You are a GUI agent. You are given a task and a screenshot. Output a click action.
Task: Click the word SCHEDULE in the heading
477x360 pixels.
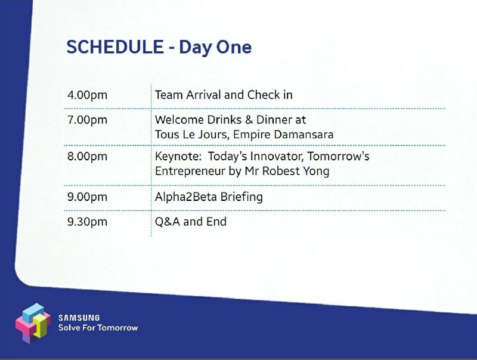[x=115, y=47]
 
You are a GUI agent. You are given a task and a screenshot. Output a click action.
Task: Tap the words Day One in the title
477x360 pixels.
[x=215, y=48]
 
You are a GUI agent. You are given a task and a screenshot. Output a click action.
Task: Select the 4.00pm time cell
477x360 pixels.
[x=87, y=95]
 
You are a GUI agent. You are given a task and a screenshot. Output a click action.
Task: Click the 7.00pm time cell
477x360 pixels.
[x=87, y=120]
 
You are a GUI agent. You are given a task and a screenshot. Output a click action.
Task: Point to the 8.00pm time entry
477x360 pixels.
[x=87, y=156]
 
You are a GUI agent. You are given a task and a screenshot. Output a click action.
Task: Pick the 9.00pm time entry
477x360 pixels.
[x=87, y=197]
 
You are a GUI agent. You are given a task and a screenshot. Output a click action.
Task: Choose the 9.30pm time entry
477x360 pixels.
[x=87, y=222]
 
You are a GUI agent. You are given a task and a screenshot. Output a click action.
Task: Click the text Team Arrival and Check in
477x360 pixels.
[x=224, y=95]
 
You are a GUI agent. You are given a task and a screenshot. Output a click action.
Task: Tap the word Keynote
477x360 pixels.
[x=178, y=157]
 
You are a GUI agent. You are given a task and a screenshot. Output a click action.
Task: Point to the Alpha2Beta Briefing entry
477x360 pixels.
[x=209, y=197]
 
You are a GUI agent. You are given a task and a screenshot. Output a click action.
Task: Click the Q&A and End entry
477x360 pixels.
[x=191, y=222]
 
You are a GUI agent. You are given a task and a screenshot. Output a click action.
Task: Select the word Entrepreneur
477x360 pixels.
[x=190, y=172]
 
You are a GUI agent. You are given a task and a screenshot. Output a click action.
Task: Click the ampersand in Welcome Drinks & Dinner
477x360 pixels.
[x=249, y=119]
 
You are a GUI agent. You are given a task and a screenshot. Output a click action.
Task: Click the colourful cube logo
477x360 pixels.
[x=33, y=323]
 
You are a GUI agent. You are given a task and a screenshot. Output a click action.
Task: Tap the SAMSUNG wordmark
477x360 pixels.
[x=79, y=318]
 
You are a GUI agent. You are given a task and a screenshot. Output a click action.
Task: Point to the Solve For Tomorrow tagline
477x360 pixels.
[x=98, y=327]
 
